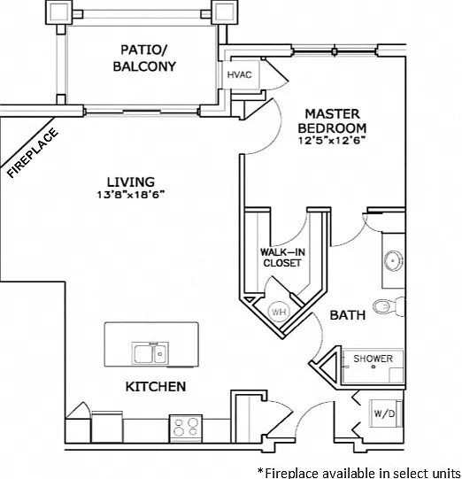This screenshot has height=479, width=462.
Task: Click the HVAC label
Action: (x=239, y=74)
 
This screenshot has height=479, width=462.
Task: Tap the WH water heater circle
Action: (x=279, y=312)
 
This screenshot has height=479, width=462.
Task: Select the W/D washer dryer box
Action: (x=385, y=413)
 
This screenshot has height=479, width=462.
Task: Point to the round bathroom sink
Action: (x=393, y=261)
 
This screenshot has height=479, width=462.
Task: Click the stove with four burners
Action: (x=186, y=428)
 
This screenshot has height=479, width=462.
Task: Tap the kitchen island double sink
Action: (x=150, y=353)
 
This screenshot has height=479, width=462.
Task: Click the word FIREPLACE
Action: (x=33, y=152)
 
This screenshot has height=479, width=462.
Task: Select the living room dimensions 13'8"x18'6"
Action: (x=131, y=195)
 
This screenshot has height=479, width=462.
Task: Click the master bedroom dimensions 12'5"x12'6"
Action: (x=332, y=140)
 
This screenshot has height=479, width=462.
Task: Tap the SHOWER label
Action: (x=373, y=359)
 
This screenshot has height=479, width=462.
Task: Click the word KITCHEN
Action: (x=156, y=387)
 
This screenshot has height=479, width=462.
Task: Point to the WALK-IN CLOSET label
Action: (x=282, y=258)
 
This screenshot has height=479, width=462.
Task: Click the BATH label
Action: (x=348, y=315)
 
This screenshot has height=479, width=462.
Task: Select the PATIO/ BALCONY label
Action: (x=144, y=58)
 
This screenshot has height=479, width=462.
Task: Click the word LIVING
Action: (x=131, y=182)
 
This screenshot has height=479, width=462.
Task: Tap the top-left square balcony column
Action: (x=59, y=12)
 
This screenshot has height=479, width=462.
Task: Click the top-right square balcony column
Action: (x=225, y=12)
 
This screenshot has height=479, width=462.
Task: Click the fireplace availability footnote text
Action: (x=359, y=472)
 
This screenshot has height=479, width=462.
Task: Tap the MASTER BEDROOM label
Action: (x=332, y=121)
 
